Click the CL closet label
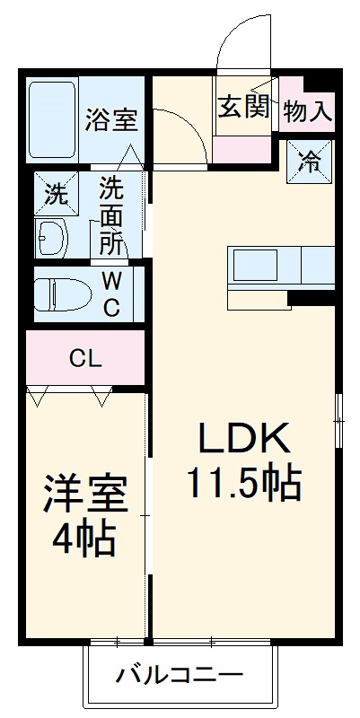[x=86, y=360]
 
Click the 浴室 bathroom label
[x=112, y=119]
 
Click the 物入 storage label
[x=308, y=111]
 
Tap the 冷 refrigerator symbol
[x=309, y=162]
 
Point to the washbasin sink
[x=50, y=239]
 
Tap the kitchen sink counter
[x=281, y=266]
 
